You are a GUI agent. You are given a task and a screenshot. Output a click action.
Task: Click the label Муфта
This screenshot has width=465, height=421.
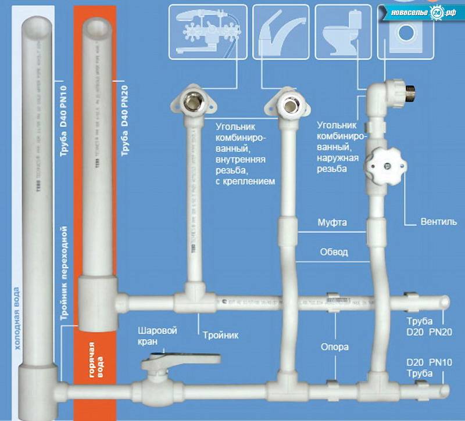point(332,222)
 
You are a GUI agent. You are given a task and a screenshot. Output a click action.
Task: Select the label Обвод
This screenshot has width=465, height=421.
point(334,252)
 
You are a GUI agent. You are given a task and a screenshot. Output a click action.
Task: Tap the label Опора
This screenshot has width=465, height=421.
point(335,347)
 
